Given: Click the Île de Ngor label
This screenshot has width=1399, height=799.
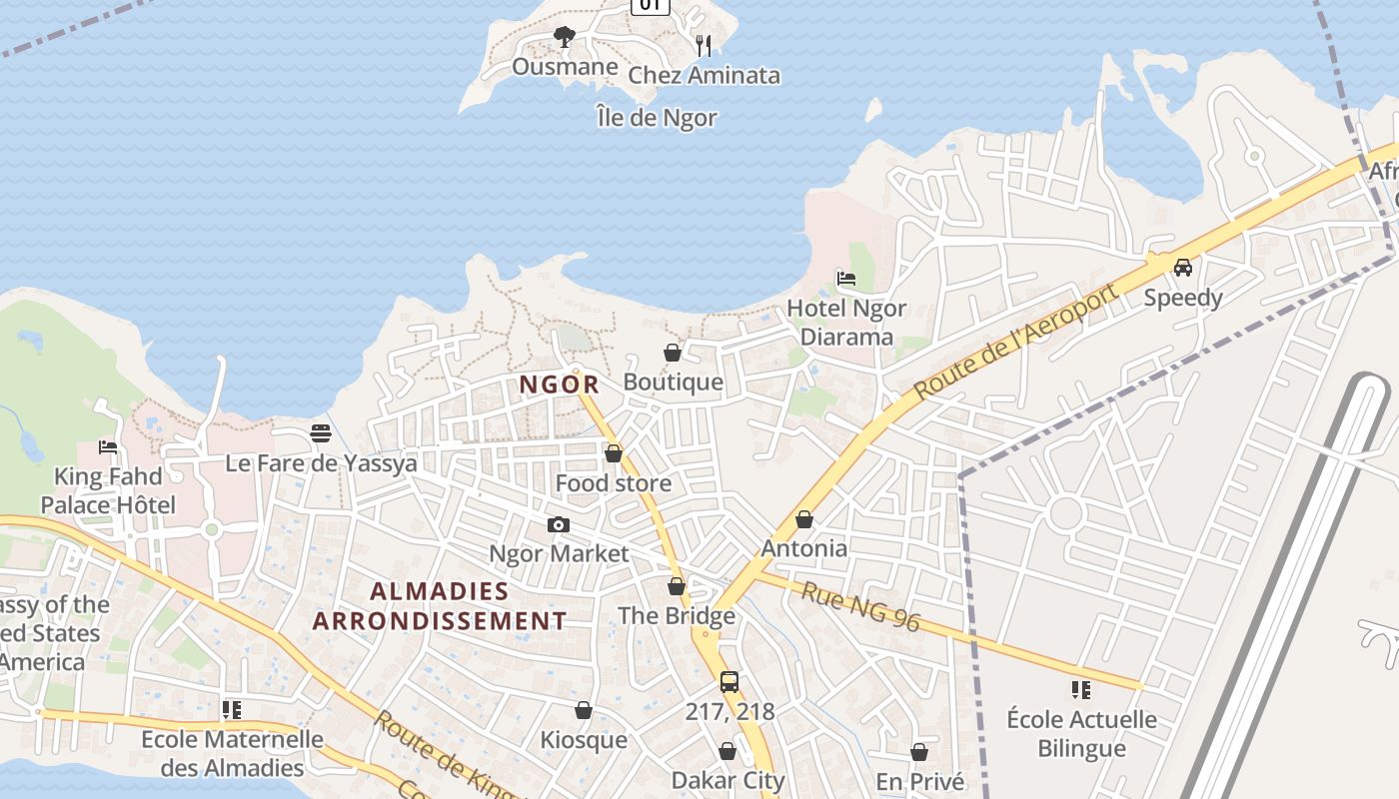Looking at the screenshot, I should pyautogui.click(x=657, y=118).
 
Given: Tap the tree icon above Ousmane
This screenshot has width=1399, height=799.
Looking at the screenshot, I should pyautogui.click(x=565, y=38).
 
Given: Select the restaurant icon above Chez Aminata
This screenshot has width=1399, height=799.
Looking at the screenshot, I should pyautogui.click(x=703, y=45).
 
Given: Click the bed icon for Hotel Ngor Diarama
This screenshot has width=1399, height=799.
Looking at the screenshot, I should pyautogui.click(x=846, y=278).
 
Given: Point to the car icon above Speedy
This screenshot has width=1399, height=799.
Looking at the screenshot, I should pyautogui.click(x=1183, y=267).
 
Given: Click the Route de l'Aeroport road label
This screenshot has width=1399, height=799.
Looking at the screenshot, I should pyautogui.click(x=1014, y=343).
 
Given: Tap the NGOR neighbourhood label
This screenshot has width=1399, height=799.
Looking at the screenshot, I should pyautogui.click(x=559, y=384).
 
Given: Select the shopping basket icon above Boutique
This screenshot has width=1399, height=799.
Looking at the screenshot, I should pyautogui.click(x=673, y=353).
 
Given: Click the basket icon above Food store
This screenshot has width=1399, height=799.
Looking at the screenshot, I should pyautogui.click(x=614, y=453).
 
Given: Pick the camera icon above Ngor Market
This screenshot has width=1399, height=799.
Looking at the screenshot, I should pyautogui.click(x=559, y=524).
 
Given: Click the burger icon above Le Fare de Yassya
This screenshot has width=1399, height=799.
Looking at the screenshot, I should pyautogui.click(x=321, y=433).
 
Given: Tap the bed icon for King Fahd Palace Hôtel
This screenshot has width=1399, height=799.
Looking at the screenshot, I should pyautogui.click(x=108, y=446).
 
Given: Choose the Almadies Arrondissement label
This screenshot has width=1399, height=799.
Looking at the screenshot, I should pyautogui.click(x=439, y=606).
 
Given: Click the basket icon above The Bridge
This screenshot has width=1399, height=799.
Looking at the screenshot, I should pyautogui.click(x=677, y=586).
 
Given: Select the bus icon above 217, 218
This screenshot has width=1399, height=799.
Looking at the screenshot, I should pyautogui.click(x=729, y=682).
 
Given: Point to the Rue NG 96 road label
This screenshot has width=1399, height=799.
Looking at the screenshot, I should pyautogui.click(x=860, y=605).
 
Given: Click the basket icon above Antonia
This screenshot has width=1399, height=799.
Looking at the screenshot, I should pyautogui.click(x=804, y=519).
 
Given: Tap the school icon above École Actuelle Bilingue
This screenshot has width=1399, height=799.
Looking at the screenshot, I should pyautogui.click(x=1080, y=689).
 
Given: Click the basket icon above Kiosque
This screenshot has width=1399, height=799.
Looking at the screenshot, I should pyautogui.click(x=584, y=710).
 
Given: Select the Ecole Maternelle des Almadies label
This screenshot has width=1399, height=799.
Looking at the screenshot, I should pyautogui.click(x=232, y=754).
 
